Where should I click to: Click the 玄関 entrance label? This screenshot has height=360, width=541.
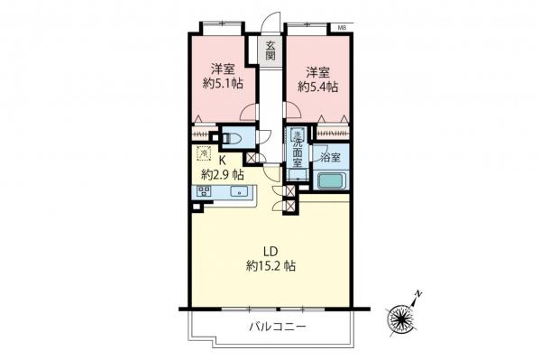(269, 51)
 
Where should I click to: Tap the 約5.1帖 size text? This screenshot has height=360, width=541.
(220, 87)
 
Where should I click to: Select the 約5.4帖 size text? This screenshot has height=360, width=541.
(317, 87)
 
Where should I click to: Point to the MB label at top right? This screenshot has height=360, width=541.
(343, 29)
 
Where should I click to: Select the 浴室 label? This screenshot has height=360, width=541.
(330, 157)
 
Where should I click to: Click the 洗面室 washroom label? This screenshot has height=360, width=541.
(297, 151)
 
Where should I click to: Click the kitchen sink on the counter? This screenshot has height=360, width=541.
(239, 191)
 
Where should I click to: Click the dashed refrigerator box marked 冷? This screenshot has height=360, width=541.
(203, 153)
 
